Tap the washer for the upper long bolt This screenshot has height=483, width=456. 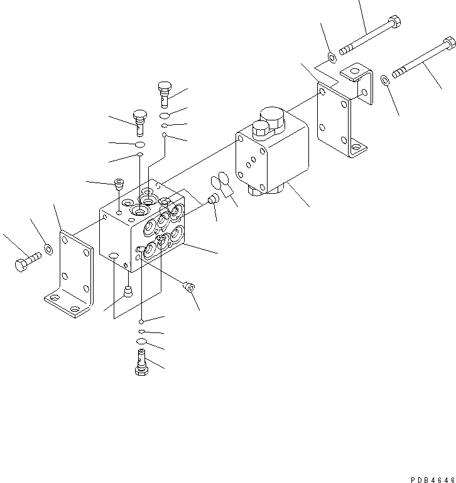point(331,58)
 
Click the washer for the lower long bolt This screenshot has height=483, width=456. point(384,80)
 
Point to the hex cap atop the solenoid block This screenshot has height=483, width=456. point(260,129)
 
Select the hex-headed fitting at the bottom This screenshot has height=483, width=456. point(141,363)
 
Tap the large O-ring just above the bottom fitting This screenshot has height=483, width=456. point(141,341)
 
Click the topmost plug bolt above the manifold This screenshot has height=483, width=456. point(165,93)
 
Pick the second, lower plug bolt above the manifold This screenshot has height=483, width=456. point(139,122)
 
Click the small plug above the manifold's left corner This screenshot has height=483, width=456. point(117,184)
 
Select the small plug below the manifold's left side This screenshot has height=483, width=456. point(128,292)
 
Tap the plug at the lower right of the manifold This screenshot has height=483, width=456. point(188,287)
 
